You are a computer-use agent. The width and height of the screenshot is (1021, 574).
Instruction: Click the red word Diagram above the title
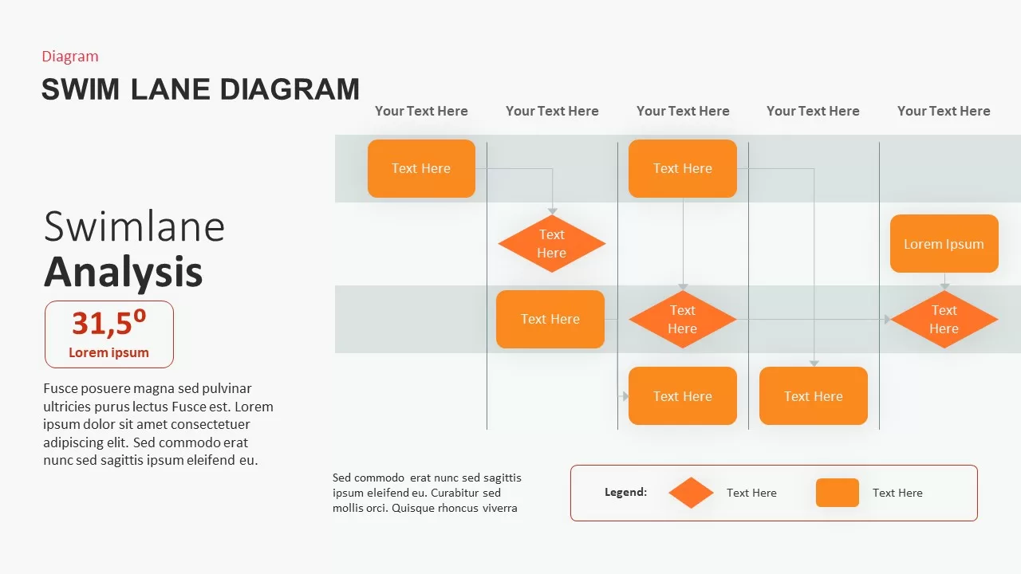click(70, 56)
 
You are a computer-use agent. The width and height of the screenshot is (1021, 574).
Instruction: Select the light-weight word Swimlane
click(134, 226)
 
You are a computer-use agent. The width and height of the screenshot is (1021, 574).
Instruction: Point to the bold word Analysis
click(123, 272)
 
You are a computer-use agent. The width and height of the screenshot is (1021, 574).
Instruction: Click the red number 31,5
click(104, 324)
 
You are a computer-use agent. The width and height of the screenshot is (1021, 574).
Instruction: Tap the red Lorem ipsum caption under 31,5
click(108, 352)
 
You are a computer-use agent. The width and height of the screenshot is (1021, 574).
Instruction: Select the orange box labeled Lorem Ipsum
click(944, 244)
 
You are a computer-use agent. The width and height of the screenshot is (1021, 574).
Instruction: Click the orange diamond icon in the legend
click(691, 493)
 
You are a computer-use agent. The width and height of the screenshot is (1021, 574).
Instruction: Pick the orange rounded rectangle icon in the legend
click(837, 493)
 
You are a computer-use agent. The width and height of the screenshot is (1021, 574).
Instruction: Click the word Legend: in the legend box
click(625, 493)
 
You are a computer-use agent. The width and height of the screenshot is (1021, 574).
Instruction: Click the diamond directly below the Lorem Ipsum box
click(944, 320)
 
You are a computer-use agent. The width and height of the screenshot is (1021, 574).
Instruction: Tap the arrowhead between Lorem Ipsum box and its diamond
click(944, 285)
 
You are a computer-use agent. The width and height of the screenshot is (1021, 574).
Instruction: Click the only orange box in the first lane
click(421, 168)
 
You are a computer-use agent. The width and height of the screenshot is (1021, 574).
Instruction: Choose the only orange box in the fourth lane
click(813, 396)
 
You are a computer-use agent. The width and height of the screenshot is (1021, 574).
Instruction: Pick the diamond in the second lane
click(551, 244)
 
